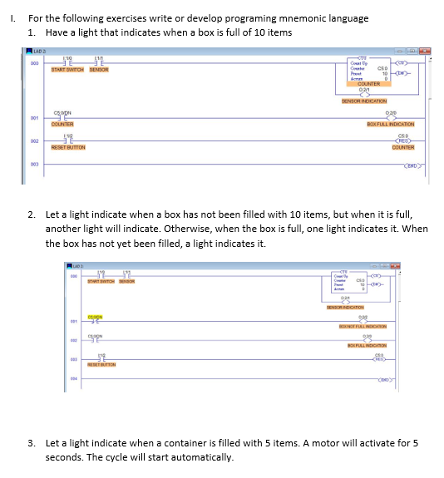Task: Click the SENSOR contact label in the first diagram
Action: click(100, 70)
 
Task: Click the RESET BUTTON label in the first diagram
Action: click(70, 147)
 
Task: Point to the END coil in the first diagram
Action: click(413, 165)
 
